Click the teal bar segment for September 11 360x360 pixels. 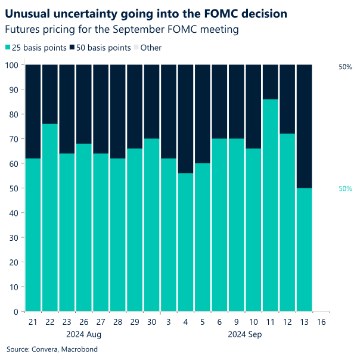pos(271,205)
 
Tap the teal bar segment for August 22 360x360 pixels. pos(49,218)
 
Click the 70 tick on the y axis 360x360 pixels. pos(13,139)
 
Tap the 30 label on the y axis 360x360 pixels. pos(13,238)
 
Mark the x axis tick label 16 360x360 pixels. pos(321,322)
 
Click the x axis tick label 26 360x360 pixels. pos(83,322)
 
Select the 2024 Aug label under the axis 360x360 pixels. pos(83,334)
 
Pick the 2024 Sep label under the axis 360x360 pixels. pos(244,334)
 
